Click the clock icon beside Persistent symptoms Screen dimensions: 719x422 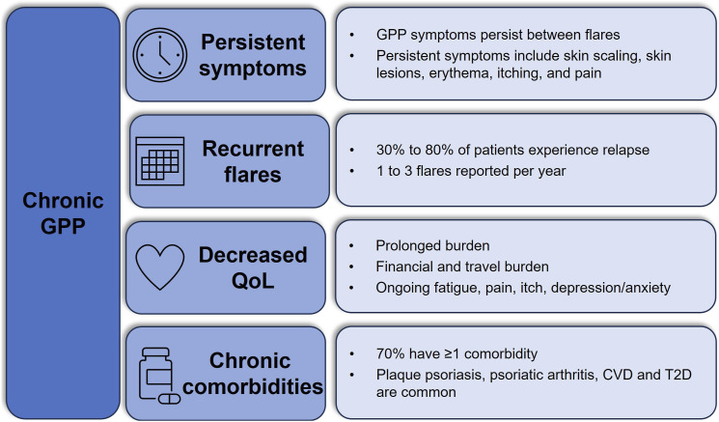click(160, 54)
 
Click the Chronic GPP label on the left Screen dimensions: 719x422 click(60, 213)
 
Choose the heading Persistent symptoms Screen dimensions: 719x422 click(253, 55)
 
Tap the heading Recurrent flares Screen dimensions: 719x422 click(253, 161)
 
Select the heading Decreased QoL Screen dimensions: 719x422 click(253, 267)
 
